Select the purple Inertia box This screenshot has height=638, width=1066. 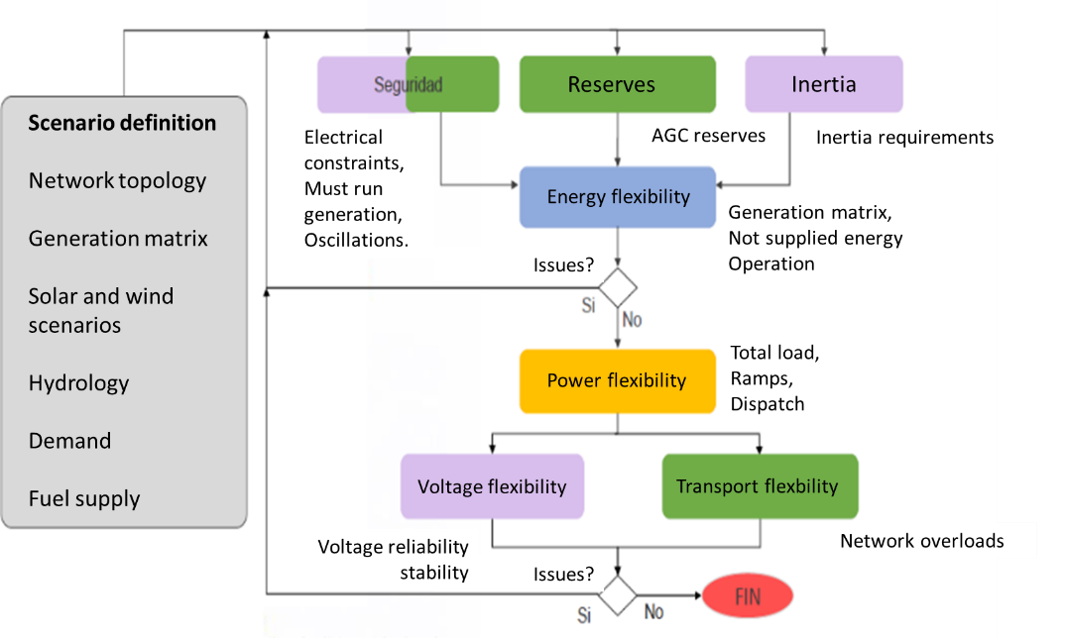click(x=823, y=84)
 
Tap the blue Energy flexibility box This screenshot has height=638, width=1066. click(x=618, y=197)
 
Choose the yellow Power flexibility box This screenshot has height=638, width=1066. click(x=617, y=380)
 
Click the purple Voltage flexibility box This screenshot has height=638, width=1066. click(x=492, y=486)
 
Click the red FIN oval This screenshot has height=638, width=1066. click(x=749, y=596)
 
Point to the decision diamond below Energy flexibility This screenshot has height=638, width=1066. click(x=619, y=288)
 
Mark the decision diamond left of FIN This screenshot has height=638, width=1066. click(x=619, y=596)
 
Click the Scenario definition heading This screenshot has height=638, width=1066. click(x=122, y=124)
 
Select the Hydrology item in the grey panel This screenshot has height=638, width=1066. click(x=78, y=383)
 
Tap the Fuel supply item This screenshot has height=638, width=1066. click(x=84, y=499)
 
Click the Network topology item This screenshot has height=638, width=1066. click(x=117, y=181)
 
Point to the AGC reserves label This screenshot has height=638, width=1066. click(x=708, y=136)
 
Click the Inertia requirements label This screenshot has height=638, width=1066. click(x=904, y=138)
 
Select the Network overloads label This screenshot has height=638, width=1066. click(x=921, y=541)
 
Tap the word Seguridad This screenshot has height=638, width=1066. click(x=408, y=85)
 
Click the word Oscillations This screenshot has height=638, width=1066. click(x=358, y=239)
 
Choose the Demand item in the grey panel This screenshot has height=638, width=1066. click(x=69, y=442)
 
